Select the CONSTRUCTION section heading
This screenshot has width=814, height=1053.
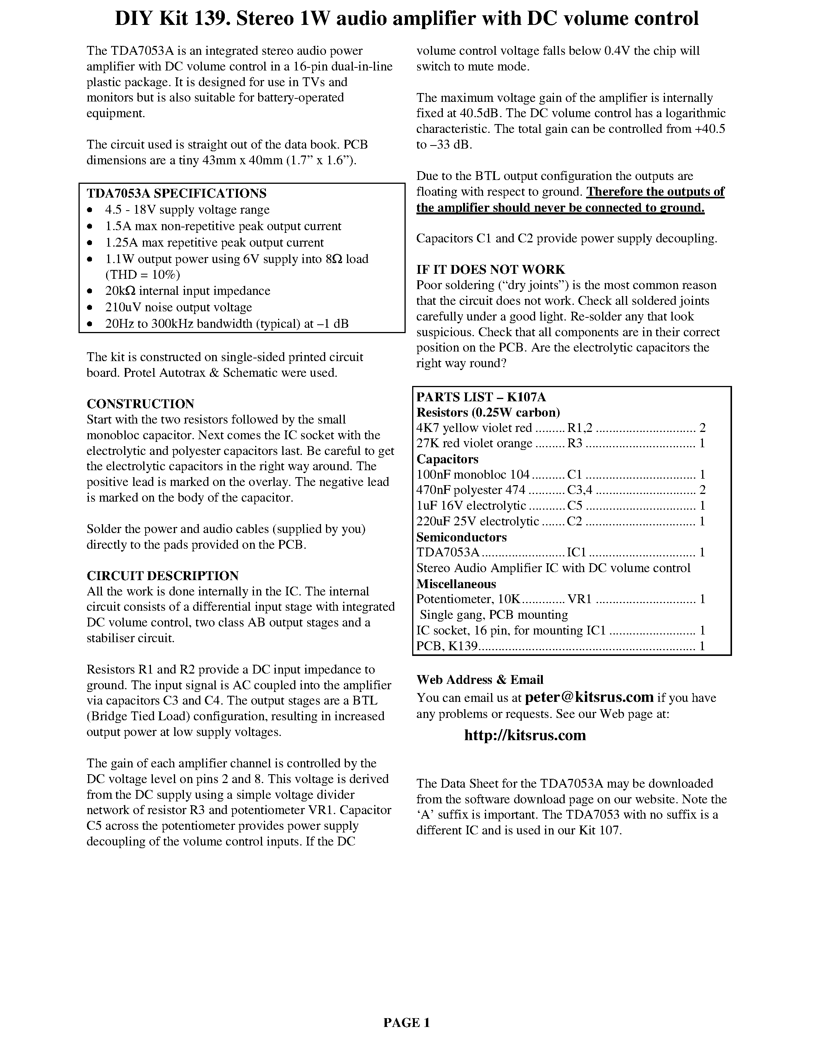(140, 404)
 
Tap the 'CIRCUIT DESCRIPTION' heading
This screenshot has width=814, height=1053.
(162, 576)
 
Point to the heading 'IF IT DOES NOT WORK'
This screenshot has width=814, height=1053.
(490, 270)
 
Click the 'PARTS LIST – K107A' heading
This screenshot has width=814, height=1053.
(481, 397)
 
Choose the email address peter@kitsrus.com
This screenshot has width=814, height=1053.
(589, 697)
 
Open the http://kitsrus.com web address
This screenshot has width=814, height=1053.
(525, 735)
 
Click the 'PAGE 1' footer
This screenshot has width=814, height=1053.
(406, 1022)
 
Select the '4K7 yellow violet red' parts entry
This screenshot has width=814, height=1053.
(474, 428)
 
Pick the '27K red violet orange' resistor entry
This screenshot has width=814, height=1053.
(474, 443)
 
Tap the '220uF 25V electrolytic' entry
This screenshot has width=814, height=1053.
(477, 521)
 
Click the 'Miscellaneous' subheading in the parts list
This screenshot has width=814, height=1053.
(456, 584)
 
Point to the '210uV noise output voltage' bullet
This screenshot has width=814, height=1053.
(179, 307)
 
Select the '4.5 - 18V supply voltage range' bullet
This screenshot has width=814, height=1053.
(187, 210)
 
